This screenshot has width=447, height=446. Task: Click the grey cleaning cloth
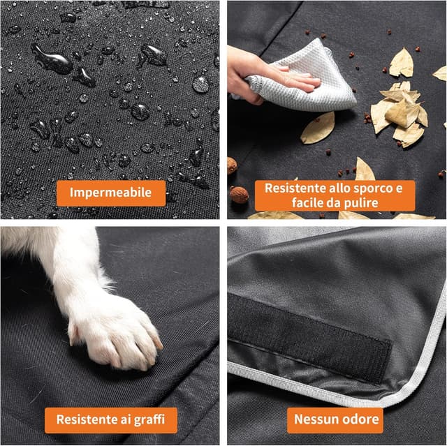click(314, 77)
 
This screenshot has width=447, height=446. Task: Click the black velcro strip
click(308, 335)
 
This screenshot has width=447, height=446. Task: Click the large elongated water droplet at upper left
click(53, 59)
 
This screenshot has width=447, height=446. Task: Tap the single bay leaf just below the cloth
click(318, 128)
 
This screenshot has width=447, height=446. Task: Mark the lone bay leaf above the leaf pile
click(402, 63)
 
